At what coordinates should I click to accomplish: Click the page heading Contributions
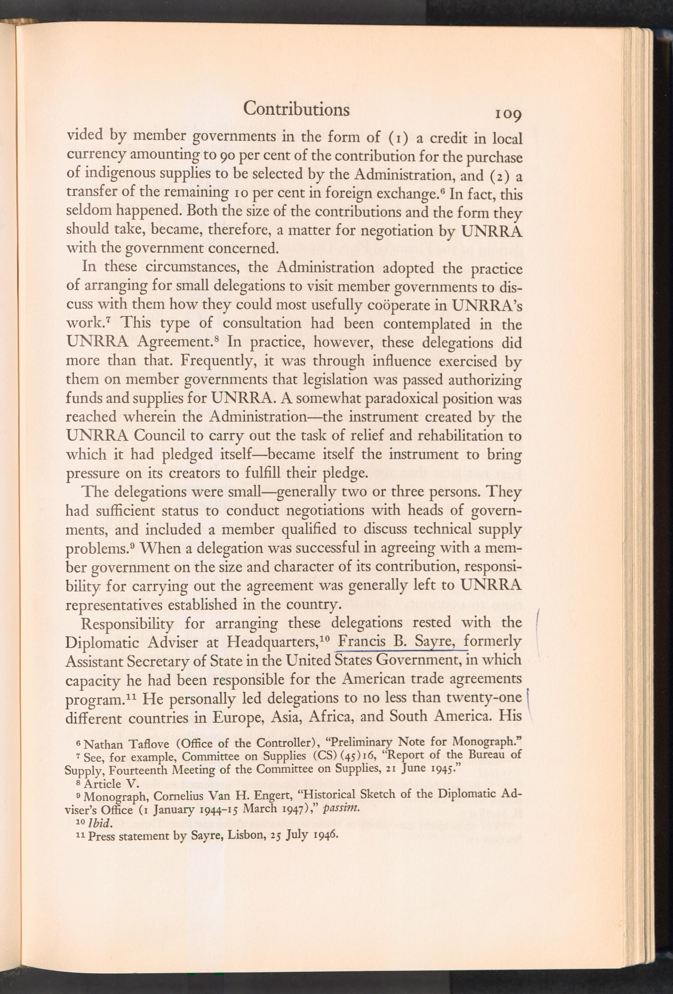(x=296, y=109)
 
